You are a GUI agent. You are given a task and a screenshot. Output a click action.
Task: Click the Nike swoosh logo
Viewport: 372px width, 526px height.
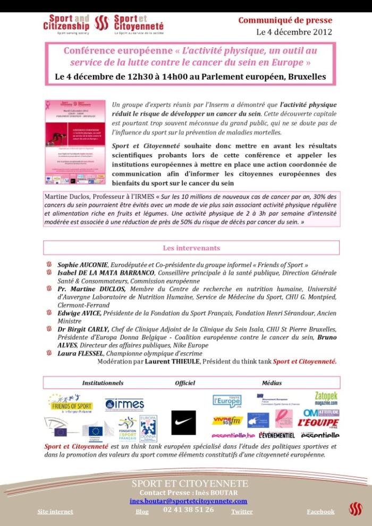(x=183, y=422)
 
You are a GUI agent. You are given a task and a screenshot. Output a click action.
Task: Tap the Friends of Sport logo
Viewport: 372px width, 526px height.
(x=70, y=403)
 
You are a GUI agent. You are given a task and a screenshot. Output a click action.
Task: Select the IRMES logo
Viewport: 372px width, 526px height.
(x=124, y=404)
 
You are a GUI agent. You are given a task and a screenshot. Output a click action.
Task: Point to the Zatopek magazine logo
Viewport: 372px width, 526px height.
(x=326, y=398)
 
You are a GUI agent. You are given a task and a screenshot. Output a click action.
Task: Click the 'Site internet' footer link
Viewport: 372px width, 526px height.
(x=55, y=512)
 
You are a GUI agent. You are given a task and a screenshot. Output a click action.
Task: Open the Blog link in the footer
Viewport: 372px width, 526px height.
(x=142, y=512)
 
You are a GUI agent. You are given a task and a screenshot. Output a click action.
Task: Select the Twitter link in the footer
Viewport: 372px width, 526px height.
(x=242, y=512)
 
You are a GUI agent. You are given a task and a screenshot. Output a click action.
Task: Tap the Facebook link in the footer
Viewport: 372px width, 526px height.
(x=320, y=512)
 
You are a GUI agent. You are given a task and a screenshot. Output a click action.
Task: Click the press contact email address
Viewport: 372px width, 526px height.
(x=188, y=501)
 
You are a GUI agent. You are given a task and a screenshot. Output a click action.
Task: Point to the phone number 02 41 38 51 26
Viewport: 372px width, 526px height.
(x=189, y=510)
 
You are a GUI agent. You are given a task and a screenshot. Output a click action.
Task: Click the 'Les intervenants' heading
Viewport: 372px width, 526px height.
(x=191, y=248)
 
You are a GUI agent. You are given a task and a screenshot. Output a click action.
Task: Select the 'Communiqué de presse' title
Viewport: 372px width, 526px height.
(x=285, y=20)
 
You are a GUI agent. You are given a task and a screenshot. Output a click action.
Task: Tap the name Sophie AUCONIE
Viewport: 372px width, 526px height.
(x=82, y=265)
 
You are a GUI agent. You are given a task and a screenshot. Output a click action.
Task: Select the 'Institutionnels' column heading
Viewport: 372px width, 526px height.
(x=103, y=383)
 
